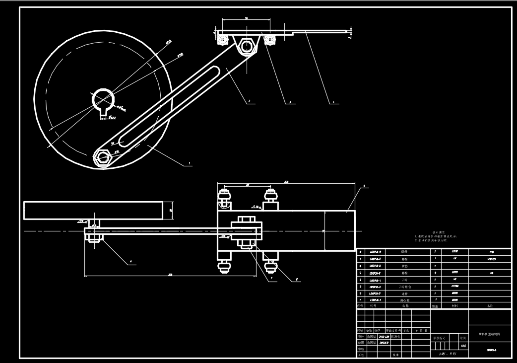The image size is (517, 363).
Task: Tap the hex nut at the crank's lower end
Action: click(x=103, y=157)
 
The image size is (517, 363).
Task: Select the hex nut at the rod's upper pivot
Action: click(x=246, y=47)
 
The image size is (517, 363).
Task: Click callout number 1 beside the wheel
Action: click(x=190, y=163)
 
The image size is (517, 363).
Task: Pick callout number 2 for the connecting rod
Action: click(x=249, y=102)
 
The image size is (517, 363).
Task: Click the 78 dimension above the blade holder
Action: click(x=247, y=18)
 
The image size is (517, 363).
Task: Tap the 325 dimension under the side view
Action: click(x=170, y=274)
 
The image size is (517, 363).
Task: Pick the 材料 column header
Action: click(x=454, y=306)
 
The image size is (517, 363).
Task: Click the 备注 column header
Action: click(x=490, y=306)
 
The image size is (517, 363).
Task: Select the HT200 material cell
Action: click(x=454, y=287)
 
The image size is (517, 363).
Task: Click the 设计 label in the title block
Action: click(x=361, y=336)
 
